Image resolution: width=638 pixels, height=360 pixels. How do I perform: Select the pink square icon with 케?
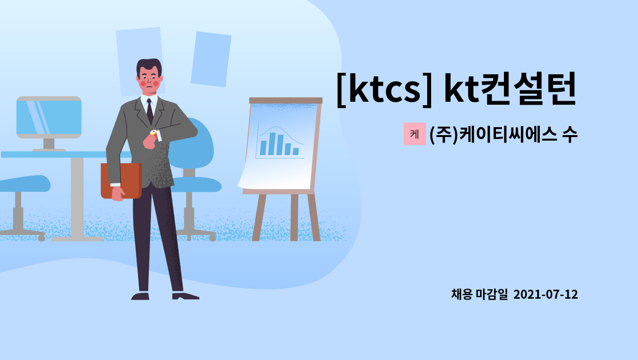[x=415, y=134]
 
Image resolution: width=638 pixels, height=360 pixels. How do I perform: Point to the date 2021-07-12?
[x=545, y=295]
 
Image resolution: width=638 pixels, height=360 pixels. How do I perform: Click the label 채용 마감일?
[x=479, y=295]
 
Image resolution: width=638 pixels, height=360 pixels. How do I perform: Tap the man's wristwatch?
[x=154, y=133]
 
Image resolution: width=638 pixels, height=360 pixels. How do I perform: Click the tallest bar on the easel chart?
[x=272, y=144]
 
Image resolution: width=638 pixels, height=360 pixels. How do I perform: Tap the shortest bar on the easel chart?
[x=296, y=151]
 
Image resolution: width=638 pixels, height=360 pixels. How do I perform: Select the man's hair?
[x=149, y=65]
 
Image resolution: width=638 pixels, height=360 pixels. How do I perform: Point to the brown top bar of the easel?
[x=286, y=100]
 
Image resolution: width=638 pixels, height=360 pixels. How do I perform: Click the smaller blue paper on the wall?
[x=210, y=59]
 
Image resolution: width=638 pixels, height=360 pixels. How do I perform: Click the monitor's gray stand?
[x=49, y=144]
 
